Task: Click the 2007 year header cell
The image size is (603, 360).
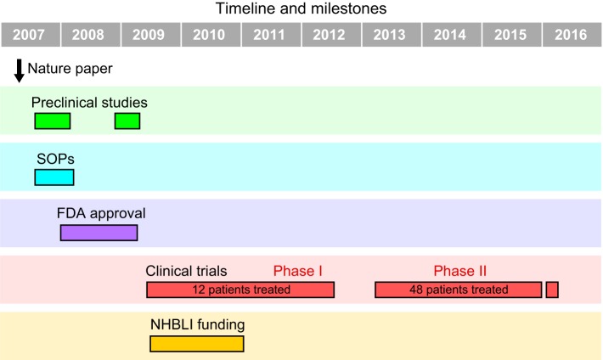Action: tap(31, 35)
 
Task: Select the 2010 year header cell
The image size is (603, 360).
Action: tap(211, 35)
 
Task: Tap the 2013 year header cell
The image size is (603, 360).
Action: tap(392, 35)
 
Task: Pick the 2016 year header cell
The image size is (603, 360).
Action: tap(572, 35)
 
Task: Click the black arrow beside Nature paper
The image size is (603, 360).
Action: tap(19, 71)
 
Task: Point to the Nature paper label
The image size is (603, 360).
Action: tap(70, 69)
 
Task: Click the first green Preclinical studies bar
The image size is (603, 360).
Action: tap(53, 121)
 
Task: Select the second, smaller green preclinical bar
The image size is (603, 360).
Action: tap(127, 121)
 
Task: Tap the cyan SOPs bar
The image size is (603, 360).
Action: tap(54, 177)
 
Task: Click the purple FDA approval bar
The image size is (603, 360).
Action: tap(99, 233)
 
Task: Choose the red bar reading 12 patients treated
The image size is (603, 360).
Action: tap(240, 290)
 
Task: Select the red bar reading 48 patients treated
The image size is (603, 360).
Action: tap(459, 290)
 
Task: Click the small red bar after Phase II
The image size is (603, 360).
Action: tap(552, 290)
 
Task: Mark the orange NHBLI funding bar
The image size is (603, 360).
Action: tap(197, 344)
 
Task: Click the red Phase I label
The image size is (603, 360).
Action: tap(297, 271)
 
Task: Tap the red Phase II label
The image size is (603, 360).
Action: tap(460, 271)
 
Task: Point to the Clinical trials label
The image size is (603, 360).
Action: tap(186, 271)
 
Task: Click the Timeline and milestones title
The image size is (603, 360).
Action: tap(301, 8)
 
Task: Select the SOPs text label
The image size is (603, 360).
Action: tap(55, 159)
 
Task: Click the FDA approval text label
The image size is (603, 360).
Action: tap(101, 213)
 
